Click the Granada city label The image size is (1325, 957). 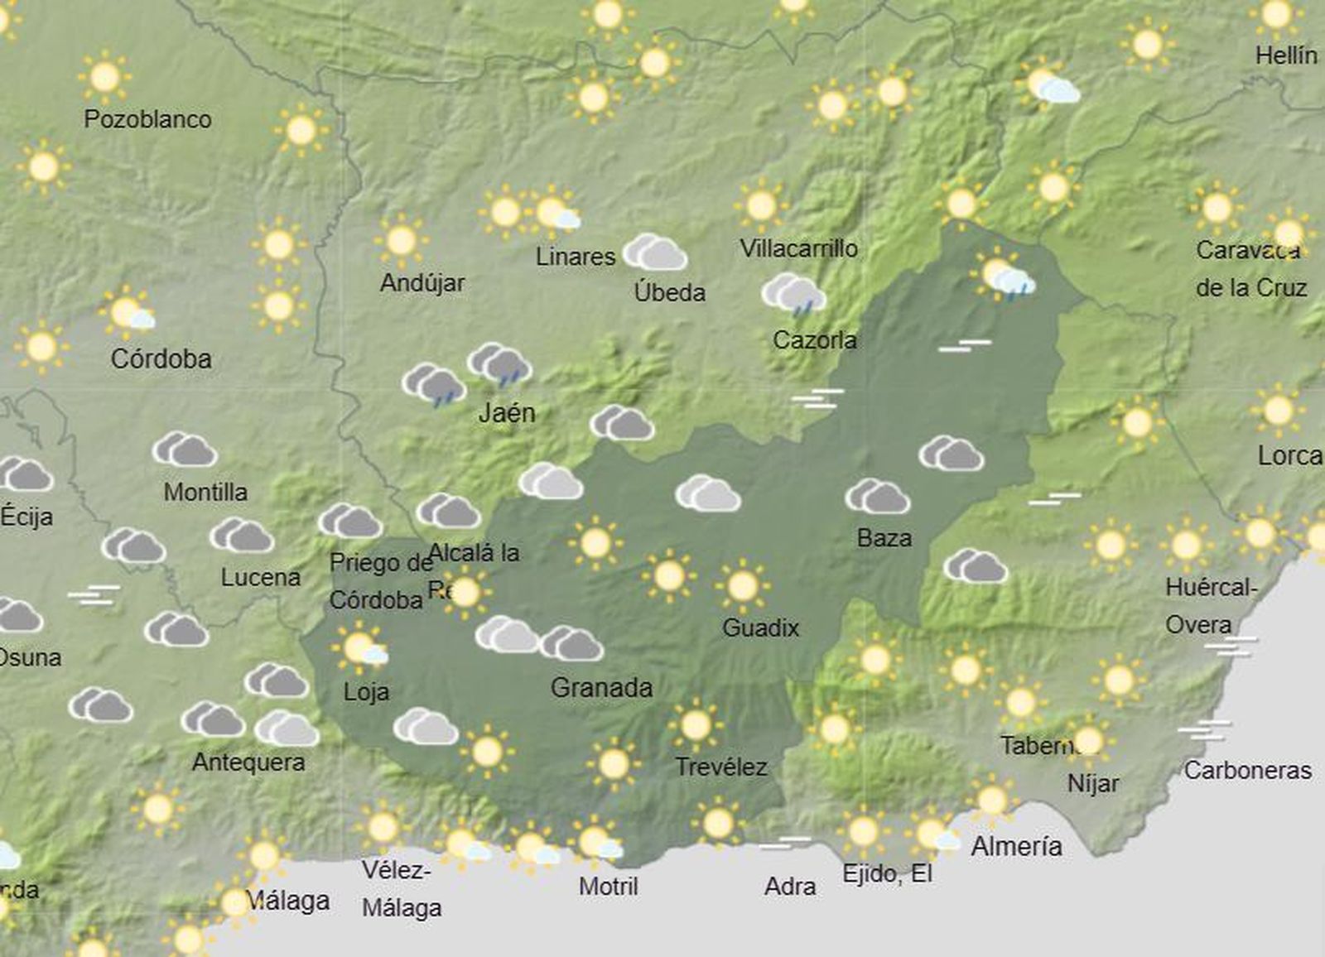[601, 687]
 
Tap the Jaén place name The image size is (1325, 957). [507, 412]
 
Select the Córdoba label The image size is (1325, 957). [161, 359]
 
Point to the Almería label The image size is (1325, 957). [1016, 846]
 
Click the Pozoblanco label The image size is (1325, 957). [147, 119]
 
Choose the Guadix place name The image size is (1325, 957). [760, 628]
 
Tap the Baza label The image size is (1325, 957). [884, 538]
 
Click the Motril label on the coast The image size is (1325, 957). [608, 887]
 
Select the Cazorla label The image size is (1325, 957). [814, 339]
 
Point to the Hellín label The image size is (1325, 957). [1286, 55]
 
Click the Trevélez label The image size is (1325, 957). [720, 767]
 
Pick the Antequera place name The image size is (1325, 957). [248, 762]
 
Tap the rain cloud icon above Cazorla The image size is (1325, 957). [793, 295]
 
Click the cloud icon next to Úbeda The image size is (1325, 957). [655, 252]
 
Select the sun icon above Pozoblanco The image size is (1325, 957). [104, 78]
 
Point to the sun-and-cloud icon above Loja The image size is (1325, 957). [360, 648]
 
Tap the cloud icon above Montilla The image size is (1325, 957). [185, 450]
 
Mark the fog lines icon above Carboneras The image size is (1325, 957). [1204, 731]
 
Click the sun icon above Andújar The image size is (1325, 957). [402, 241]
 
